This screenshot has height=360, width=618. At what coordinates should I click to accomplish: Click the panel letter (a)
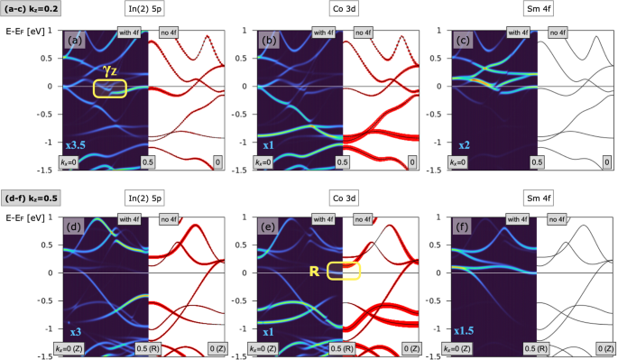75,41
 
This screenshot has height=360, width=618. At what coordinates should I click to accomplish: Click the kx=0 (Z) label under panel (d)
78,348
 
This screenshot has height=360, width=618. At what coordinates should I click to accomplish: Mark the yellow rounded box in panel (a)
110,88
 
